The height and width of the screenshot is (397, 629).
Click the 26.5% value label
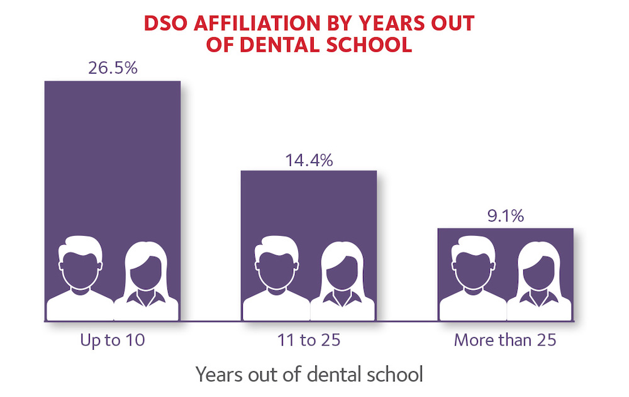coord(113,69)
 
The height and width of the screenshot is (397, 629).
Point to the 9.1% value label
coord(506,217)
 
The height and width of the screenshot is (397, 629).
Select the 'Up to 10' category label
coord(113,341)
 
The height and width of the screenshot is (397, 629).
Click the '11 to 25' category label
coord(309,341)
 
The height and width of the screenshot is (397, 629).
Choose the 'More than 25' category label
coord(506,341)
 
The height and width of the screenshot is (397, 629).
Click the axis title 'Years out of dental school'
coord(309,375)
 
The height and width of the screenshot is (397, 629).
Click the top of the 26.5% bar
coord(113,82)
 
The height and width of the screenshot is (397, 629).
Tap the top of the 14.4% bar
coord(309,172)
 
